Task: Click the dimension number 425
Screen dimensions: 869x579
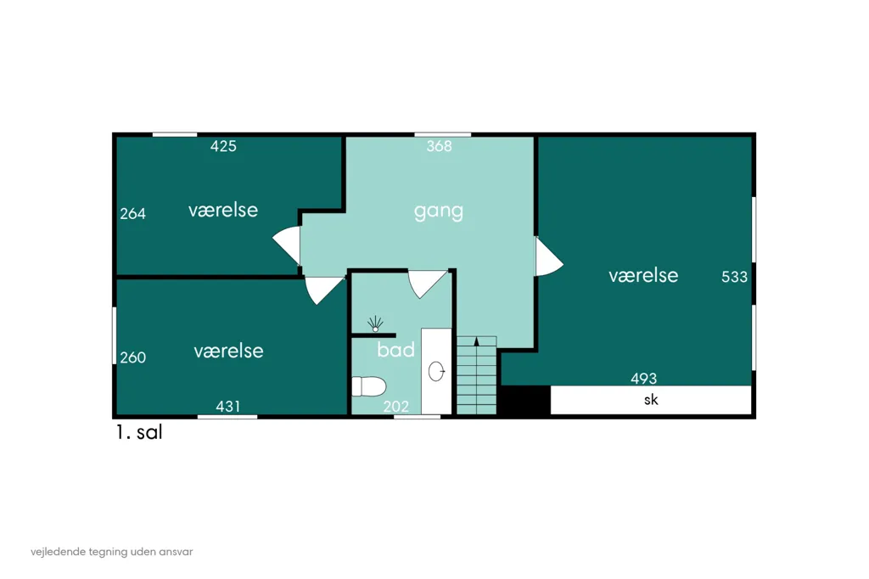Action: point(223,146)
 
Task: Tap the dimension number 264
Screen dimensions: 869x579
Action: point(133,214)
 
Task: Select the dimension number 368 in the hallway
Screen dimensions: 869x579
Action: point(439,146)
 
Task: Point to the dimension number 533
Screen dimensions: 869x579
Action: point(734,277)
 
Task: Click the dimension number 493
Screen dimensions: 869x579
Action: point(643,379)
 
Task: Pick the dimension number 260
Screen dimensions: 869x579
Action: point(133,357)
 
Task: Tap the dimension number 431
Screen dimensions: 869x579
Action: point(227,407)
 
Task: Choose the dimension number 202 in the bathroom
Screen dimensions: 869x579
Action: point(395,407)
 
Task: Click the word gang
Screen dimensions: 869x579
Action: point(439,211)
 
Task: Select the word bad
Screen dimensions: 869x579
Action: point(395,350)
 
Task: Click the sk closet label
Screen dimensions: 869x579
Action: point(651,400)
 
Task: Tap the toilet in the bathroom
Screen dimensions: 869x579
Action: point(368,386)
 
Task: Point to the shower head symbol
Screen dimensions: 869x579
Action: point(375,324)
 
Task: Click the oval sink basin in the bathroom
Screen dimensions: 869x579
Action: point(436,372)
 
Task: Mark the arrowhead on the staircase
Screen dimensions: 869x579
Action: point(476,341)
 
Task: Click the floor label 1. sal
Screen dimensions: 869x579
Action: point(139,432)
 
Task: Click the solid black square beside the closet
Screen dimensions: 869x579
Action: point(524,400)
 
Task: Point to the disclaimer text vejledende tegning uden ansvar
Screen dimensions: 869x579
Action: point(112,552)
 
